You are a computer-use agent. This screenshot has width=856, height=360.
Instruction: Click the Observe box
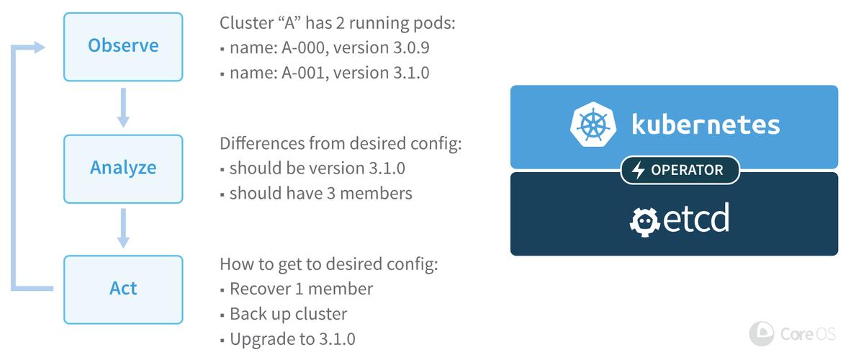pos(123,47)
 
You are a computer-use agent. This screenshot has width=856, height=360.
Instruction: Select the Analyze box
pos(123,168)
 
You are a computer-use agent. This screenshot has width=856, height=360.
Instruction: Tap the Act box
pos(123,289)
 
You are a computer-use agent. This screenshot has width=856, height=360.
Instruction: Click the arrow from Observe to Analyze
pos(123,107)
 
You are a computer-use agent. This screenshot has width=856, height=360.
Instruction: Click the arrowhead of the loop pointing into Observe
pos(40,48)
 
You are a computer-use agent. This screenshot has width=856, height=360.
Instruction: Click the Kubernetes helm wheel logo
pos(593,126)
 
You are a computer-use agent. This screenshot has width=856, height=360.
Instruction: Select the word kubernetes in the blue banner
pos(706,125)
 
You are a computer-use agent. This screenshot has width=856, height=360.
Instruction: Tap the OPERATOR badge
pos(680,170)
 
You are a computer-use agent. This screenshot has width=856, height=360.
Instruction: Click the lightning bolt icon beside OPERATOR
pos(638,171)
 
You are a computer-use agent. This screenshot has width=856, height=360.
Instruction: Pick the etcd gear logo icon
pos(645,222)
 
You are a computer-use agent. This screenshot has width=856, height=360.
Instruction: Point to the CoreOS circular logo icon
pos(762,334)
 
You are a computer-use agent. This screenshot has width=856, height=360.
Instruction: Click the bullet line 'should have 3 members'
pos(316,194)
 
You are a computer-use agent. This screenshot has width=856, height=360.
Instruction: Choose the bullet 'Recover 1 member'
pos(297,289)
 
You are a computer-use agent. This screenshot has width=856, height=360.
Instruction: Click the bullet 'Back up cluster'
pos(284,314)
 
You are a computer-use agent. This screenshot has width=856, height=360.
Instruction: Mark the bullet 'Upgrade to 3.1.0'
pos(288,339)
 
